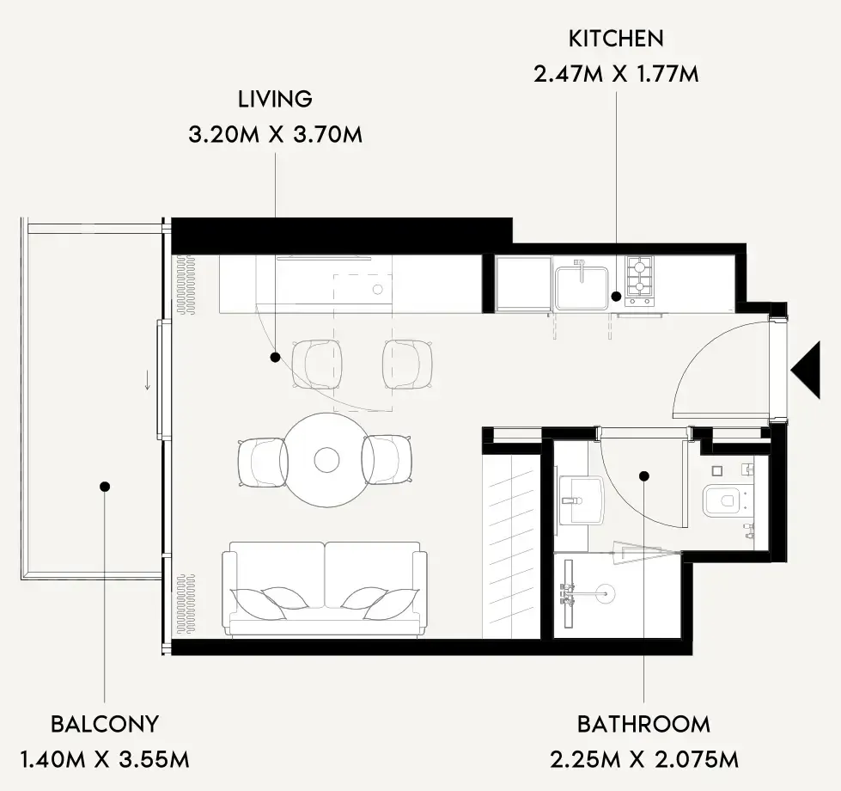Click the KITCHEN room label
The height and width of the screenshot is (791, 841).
click(616, 39)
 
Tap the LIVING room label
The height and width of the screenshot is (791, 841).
click(275, 99)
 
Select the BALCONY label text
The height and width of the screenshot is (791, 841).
click(105, 724)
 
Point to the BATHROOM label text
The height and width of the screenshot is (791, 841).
click(643, 725)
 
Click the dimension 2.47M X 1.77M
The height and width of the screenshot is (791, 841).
click(616, 74)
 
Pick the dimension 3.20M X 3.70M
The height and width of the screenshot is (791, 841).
click(275, 134)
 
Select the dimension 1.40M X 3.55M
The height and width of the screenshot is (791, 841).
click(105, 759)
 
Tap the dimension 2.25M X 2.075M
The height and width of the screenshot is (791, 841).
click(644, 759)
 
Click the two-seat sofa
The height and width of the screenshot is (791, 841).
click(325, 589)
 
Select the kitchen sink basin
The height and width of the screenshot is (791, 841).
click(582, 288)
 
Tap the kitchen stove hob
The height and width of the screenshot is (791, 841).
click(639, 281)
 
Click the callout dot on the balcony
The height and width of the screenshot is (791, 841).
click(105, 486)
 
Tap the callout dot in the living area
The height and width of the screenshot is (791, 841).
click(275, 357)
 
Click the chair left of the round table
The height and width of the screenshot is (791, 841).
click(262, 462)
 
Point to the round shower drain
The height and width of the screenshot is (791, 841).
click(606, 593)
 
